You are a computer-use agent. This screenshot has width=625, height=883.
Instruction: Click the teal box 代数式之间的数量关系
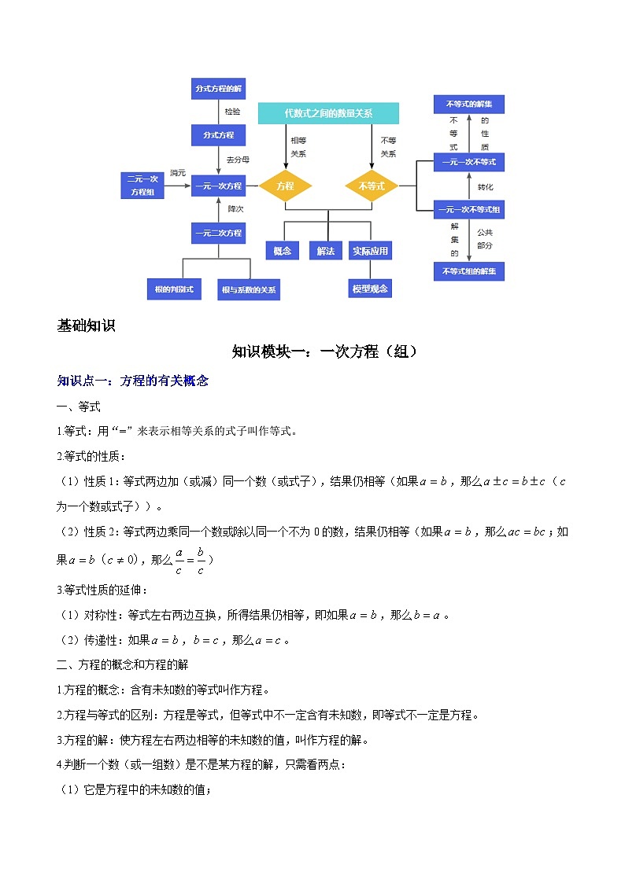click(328, 113)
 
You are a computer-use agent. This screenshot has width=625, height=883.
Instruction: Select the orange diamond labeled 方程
click(286, 186)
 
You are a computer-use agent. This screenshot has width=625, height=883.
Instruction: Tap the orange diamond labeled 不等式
click(372, 186)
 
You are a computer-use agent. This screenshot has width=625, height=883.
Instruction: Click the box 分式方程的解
click(218, 89)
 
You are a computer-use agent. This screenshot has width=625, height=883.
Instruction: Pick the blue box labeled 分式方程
click(218, 135)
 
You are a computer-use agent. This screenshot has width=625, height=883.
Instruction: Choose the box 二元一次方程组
click(142, 186)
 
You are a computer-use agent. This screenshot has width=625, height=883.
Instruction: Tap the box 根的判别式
click(173, 289)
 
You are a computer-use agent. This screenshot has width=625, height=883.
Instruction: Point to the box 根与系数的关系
click(250, 289)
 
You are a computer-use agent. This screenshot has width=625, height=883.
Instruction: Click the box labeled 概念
click(283, 251)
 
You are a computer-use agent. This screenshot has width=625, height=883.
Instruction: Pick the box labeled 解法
click(325, 251)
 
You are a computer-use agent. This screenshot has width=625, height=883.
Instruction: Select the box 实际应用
click(371, 251)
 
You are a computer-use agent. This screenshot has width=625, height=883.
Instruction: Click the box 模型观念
click(370, 289)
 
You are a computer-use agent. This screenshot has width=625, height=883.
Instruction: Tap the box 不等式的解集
click(469, 105)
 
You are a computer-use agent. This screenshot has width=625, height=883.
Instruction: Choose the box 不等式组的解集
click(469, 271)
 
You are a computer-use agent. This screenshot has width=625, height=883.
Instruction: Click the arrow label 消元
click(177, 173)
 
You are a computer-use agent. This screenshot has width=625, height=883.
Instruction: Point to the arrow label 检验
click(233, 112)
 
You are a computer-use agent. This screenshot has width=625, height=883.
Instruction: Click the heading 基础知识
click(87, 326)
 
